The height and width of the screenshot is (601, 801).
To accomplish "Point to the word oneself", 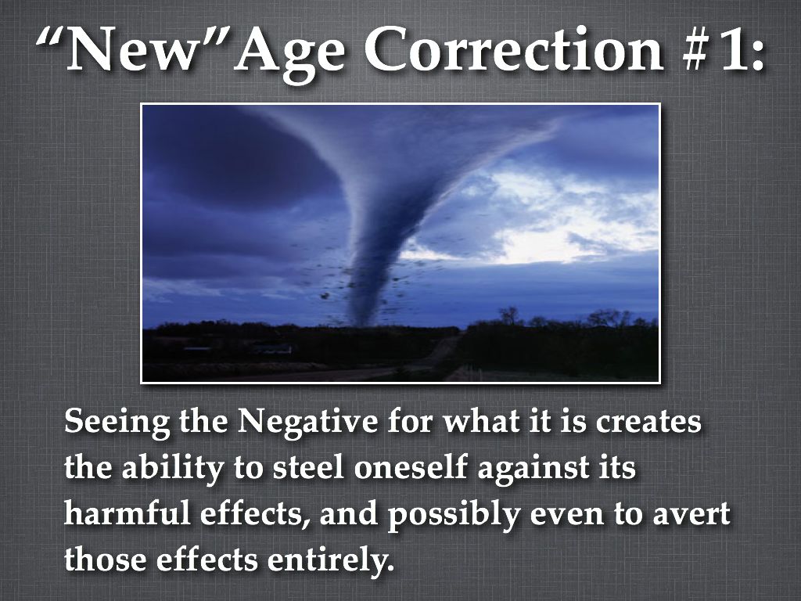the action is click(x=411, y=467).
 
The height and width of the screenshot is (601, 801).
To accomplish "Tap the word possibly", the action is click(x=453, y=516).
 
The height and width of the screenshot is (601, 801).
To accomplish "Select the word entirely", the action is click(x=331, y=560).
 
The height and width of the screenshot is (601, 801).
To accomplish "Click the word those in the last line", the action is click(x=106, y=559).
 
